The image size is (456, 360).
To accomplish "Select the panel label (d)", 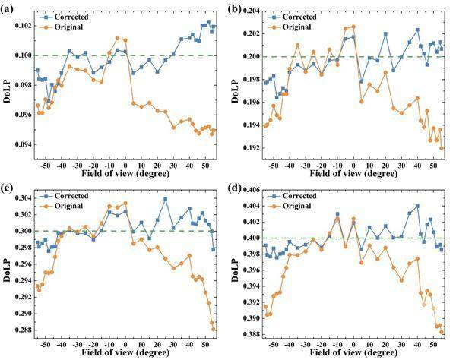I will (243, 187).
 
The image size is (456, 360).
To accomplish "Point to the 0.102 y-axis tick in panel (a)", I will (21, 26).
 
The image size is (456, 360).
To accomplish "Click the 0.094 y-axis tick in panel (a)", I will (21, 144).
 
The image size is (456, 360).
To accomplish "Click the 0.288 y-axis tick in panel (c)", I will (21, 330).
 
